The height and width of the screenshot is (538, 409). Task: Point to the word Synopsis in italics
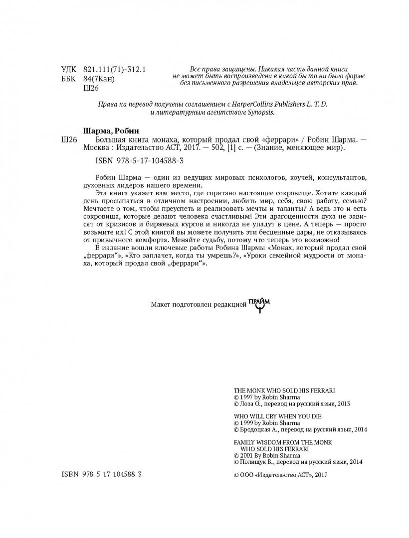click(x=260, y=112)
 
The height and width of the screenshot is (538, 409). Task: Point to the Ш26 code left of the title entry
click(x=68, y=138)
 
